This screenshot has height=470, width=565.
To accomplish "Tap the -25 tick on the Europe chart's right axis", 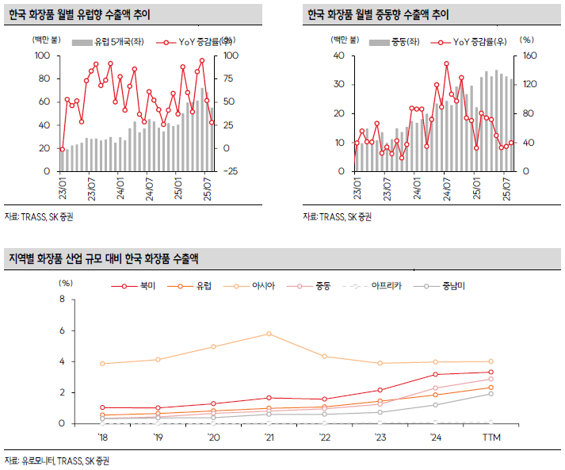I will (234, 171).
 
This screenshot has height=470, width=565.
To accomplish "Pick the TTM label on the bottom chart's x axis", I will (491, 437).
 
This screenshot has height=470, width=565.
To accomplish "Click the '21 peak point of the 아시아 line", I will (269, 334).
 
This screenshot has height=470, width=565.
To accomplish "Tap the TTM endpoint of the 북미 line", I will (491, 372).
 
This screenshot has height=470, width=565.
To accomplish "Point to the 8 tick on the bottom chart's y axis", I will (62, 300).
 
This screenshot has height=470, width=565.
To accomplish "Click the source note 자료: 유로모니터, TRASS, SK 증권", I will (57, 460).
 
